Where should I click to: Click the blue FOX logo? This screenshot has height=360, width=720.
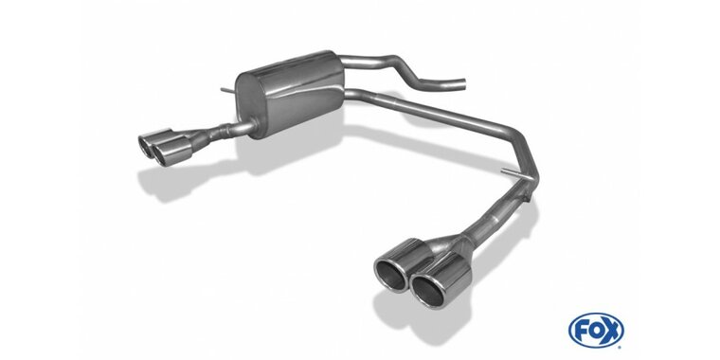(596, 331)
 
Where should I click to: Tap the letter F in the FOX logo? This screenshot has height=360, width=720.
(581, 331)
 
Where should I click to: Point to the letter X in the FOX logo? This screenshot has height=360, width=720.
(611, 330)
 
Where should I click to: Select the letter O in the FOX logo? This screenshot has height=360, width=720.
(596, 331)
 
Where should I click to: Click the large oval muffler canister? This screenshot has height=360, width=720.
(289, 94)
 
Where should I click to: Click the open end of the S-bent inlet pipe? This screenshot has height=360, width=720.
(463, 84)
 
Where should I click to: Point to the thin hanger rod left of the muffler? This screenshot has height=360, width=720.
(227, 90)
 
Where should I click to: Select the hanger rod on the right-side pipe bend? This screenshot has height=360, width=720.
(514, 173)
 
